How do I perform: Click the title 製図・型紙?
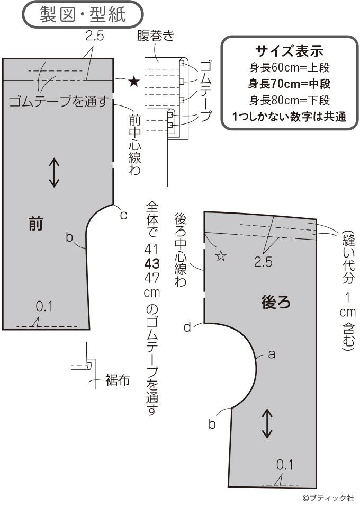click(x=83, y=15)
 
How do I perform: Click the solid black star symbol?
click(x=134, y=82)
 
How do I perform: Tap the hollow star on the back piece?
click(x=221, y=256)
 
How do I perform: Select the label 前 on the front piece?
click(x=35, y=225)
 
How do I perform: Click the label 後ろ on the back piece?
click(x=276, y=302)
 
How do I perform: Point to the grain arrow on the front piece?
click(x=54, y=173)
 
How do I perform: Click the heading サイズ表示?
click(x=289, y=51)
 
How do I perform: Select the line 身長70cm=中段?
click(x=289, y=84)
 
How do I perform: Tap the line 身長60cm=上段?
click(x=289, y=67)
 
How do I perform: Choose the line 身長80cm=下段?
click(x=289, y=100)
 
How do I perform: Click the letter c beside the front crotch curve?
click(x=123, y=215)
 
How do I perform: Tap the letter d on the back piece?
click(x=187, y=327)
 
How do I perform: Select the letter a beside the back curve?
click(x=271, y=355)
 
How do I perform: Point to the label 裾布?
click(x=118, y=380)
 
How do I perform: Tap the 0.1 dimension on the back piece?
click(x=284, y=465)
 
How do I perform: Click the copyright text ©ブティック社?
click(x=328, y=498)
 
